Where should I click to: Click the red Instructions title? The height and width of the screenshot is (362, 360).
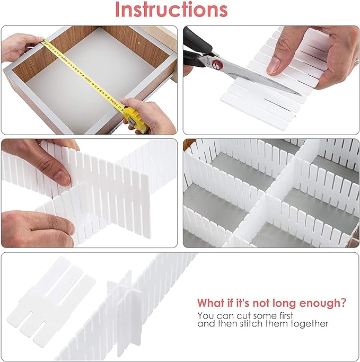171,10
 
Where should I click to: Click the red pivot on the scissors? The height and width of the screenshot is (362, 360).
217,65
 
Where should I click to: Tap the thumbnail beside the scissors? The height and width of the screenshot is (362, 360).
274,66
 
